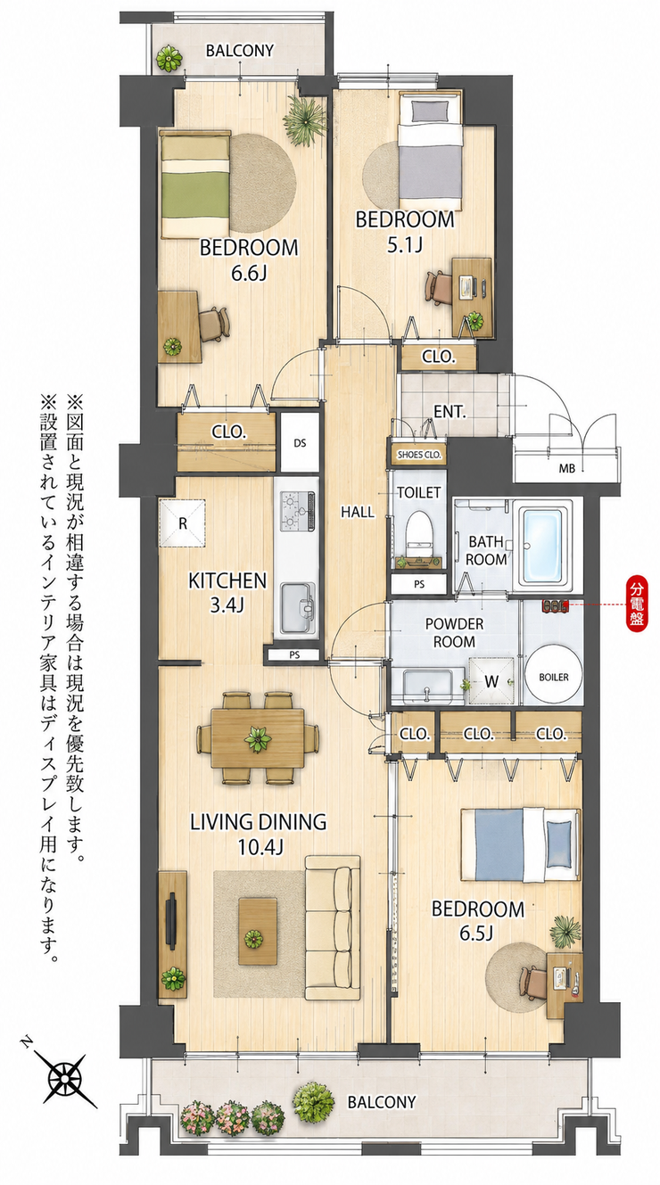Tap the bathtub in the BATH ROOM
point(545,547)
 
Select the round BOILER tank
point(554,677)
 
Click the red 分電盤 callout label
point(637,604)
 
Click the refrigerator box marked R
point(183,523)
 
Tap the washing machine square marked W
point(492,681)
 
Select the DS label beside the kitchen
point(300,443)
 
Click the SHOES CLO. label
point(419,455)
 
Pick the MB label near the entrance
point(567,468)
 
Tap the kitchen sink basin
point(297,607)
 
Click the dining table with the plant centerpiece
point(258,737)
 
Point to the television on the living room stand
point(171,919)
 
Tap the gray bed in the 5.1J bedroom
point(431,151)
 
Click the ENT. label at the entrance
point(450,411)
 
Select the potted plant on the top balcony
point(169,58)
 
